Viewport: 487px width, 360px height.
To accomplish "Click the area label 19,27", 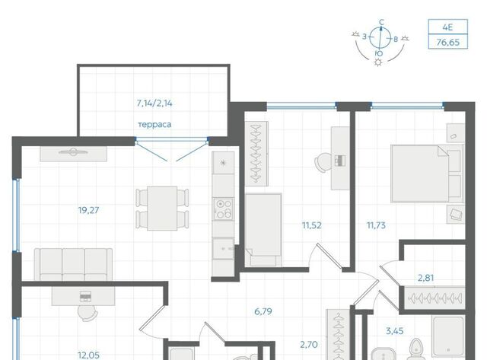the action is coord(88,210).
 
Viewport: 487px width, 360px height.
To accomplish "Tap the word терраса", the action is coord(154,125).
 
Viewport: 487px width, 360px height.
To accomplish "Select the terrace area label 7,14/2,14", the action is coord(154,103).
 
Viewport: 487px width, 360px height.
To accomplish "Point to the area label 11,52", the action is coord(312,225).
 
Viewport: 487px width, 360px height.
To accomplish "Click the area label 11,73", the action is coord(376,225).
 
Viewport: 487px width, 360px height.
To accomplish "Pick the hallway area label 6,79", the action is coord(263,311).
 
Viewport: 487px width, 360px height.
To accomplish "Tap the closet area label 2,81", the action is coord(425,278).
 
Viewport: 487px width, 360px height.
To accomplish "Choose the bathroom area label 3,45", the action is coord(394,331).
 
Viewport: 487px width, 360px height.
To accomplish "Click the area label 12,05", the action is coord(88,355).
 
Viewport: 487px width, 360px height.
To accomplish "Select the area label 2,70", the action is coord(309,345).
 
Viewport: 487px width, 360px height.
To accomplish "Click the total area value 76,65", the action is coord(448,42).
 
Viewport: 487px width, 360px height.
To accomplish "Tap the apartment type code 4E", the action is coord(447,27).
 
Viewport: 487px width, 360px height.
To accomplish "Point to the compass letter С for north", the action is coord(382,22).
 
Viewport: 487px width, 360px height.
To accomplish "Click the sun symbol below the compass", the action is coord(378,62).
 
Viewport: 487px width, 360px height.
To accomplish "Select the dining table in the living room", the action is coord(162,209).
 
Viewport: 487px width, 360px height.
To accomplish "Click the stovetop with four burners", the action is coord(223,209).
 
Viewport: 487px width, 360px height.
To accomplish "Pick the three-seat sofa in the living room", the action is coord(73,264).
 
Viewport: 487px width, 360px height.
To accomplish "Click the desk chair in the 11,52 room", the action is coord(323,162).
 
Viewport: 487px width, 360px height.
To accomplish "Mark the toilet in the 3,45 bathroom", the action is coord(416,349).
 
